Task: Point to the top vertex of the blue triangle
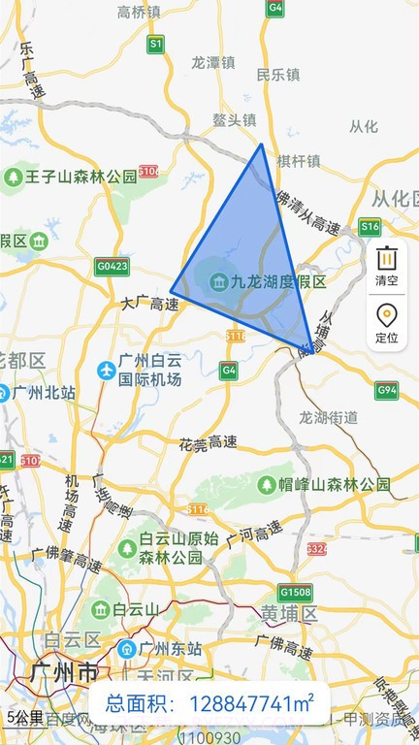coord(261,145)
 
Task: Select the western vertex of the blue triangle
coord(172,290)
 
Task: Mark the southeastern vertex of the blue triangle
coord(312,349)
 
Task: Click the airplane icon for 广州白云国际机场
coord(107,370)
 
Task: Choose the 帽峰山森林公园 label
coord(335,483)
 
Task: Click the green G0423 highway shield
coord(113,265)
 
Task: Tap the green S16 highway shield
coord(370,227)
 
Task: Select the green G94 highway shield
coord(387,391)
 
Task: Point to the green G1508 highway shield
coord(295,592)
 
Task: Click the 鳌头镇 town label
coord(235,120)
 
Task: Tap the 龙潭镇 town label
coord(214,61)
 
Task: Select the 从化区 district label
coord(394,199)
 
